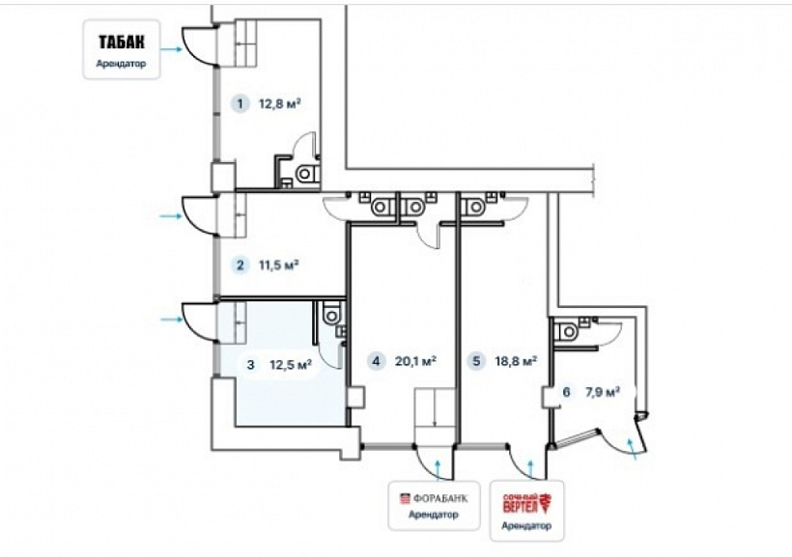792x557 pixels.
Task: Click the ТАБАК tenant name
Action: pyautogui.click(x=122, y=42)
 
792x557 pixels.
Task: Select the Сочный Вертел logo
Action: pyautogui.click(x=526, y=503)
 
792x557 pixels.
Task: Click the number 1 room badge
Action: pyautogui.click(x=240, y=104)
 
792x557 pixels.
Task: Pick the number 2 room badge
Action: pyautogui.click(x=240, y=265)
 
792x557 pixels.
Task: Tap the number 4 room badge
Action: pyautogui.click(x=376, y=361)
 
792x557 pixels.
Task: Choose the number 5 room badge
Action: pyautogui.click(x=476, y=361)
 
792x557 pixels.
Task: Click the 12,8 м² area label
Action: pyautogui.click(x=280, y=104)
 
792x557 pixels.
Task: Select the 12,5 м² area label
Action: pyautogui.click(x=291, y=364)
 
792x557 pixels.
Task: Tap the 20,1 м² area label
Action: pyautogui.click(x=415, y=361)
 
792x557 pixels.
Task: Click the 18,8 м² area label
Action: pyautogui.click(x=516, y=361)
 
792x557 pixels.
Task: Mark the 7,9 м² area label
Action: pyautogui.click(x=603, y=392)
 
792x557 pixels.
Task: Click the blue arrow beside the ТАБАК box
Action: pyautogui.click(x=171, y=49)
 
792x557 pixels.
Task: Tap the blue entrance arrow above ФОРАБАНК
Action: pyautogui.click(x=438, y=469)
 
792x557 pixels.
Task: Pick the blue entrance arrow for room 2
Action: pyautogui.click(x=170, y=216)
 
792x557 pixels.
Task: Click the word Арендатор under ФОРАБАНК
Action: pyautogui.click(x=434, y=515)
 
